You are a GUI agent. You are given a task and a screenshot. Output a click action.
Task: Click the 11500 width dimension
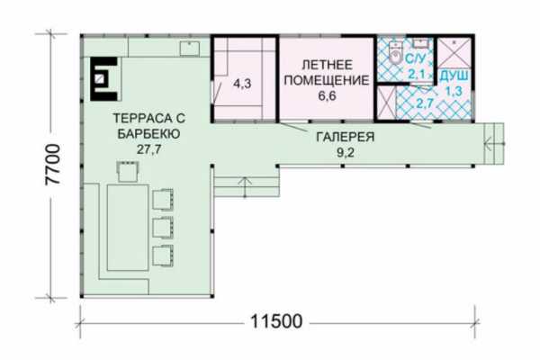coord(276,322)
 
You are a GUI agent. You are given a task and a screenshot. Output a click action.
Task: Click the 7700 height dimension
coord(53,165)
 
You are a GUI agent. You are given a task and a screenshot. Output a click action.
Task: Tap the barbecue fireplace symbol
coord(103,79)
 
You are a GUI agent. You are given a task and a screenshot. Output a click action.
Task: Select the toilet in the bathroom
coord(397,52)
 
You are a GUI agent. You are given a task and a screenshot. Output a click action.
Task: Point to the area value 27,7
coord(148,149)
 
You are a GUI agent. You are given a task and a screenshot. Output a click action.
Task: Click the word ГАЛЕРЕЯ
coord(345,137)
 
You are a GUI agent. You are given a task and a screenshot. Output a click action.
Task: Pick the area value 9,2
coord(346,152)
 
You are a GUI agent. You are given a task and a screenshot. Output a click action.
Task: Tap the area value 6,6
coord(327,95)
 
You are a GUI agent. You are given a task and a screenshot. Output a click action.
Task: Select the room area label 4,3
coord(242,84)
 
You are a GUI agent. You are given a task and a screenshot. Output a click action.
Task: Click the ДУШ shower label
coord(454,76)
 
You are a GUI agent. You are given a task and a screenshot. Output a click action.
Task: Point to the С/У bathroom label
coord(415,58)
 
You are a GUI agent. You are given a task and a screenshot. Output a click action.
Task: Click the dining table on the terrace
coord(128,228)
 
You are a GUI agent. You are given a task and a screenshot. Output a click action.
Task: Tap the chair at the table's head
coord(128,171)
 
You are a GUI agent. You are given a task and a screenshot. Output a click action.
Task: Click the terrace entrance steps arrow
coord(245,187)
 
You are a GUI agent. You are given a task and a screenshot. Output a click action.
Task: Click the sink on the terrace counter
coord(190,48)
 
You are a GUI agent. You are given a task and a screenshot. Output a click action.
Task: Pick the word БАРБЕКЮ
coord(148,134)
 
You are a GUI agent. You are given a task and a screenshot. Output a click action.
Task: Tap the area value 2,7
coord(424,103)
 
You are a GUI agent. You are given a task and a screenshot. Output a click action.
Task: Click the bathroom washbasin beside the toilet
coord(421,43)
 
